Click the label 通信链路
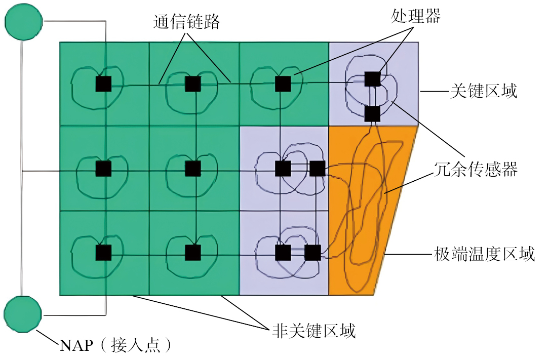[x=186, y=21]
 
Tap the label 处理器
[x=415, y=16]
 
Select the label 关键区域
[x=484, y=92]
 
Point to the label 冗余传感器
[x=476, y=169]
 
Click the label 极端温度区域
[x=484, y=253]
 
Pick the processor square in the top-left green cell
[x=103, y=84]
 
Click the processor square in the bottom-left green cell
[x=103, y=252]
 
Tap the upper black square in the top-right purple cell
[x=372, y=78]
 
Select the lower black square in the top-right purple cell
[x=372, y=114]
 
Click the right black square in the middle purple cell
[x=317, y=169]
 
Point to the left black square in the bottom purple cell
[x=283, y=252]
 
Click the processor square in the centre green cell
[x=192, y=169]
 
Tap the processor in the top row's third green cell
[x=283, y=84]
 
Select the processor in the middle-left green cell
[x=103, y=169]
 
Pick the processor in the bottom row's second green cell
[x=192, y=252]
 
